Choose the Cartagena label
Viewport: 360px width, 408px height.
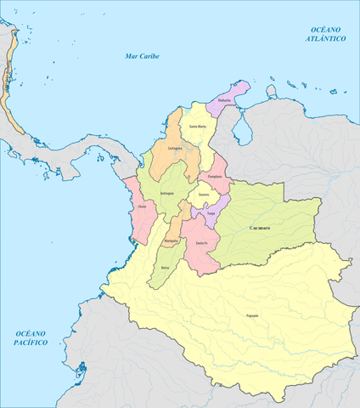click(176, 146)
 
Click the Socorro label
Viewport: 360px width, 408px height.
click(204, 195)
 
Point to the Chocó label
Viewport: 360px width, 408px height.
click(141, 207)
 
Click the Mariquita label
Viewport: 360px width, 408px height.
click(171, 240)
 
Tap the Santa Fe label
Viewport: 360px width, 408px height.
click(200, 245)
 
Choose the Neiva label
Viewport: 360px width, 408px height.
click(164, 268)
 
